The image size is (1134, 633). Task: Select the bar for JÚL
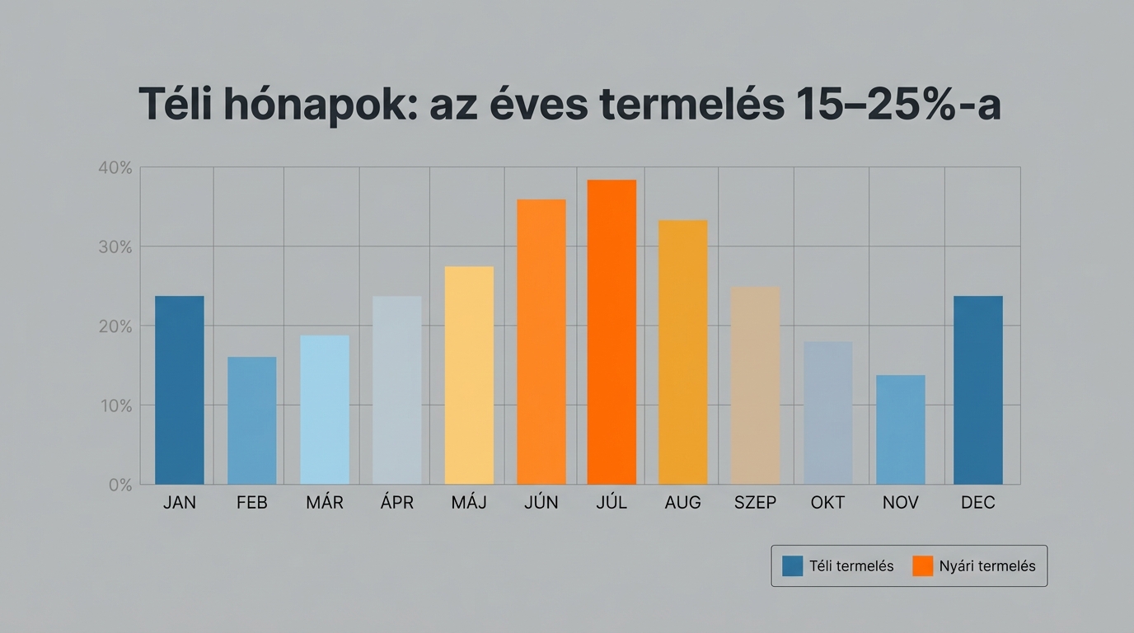(612, 332)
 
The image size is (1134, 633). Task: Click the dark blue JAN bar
(180, 390)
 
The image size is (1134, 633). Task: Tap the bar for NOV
(900, 429)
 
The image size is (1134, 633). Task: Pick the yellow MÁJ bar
(469, 375)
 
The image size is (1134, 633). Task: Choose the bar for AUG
(682, 352)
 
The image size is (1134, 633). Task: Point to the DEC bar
(977, 390)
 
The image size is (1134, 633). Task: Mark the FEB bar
(252, 420)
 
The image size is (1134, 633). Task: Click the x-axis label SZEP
(755, 503)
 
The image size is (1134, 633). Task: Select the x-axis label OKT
(827, 503)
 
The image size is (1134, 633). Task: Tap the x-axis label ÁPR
(397, 503)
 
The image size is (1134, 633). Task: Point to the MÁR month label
(325, 503)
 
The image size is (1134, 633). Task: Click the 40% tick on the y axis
(115, 168)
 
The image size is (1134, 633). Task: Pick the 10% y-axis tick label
(115, 406)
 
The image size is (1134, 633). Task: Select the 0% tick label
(119, 485)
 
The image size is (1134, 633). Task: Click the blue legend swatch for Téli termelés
(792, 566)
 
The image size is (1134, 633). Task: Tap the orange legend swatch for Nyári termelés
(923, 566)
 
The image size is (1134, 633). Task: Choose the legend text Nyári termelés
(987, 566)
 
